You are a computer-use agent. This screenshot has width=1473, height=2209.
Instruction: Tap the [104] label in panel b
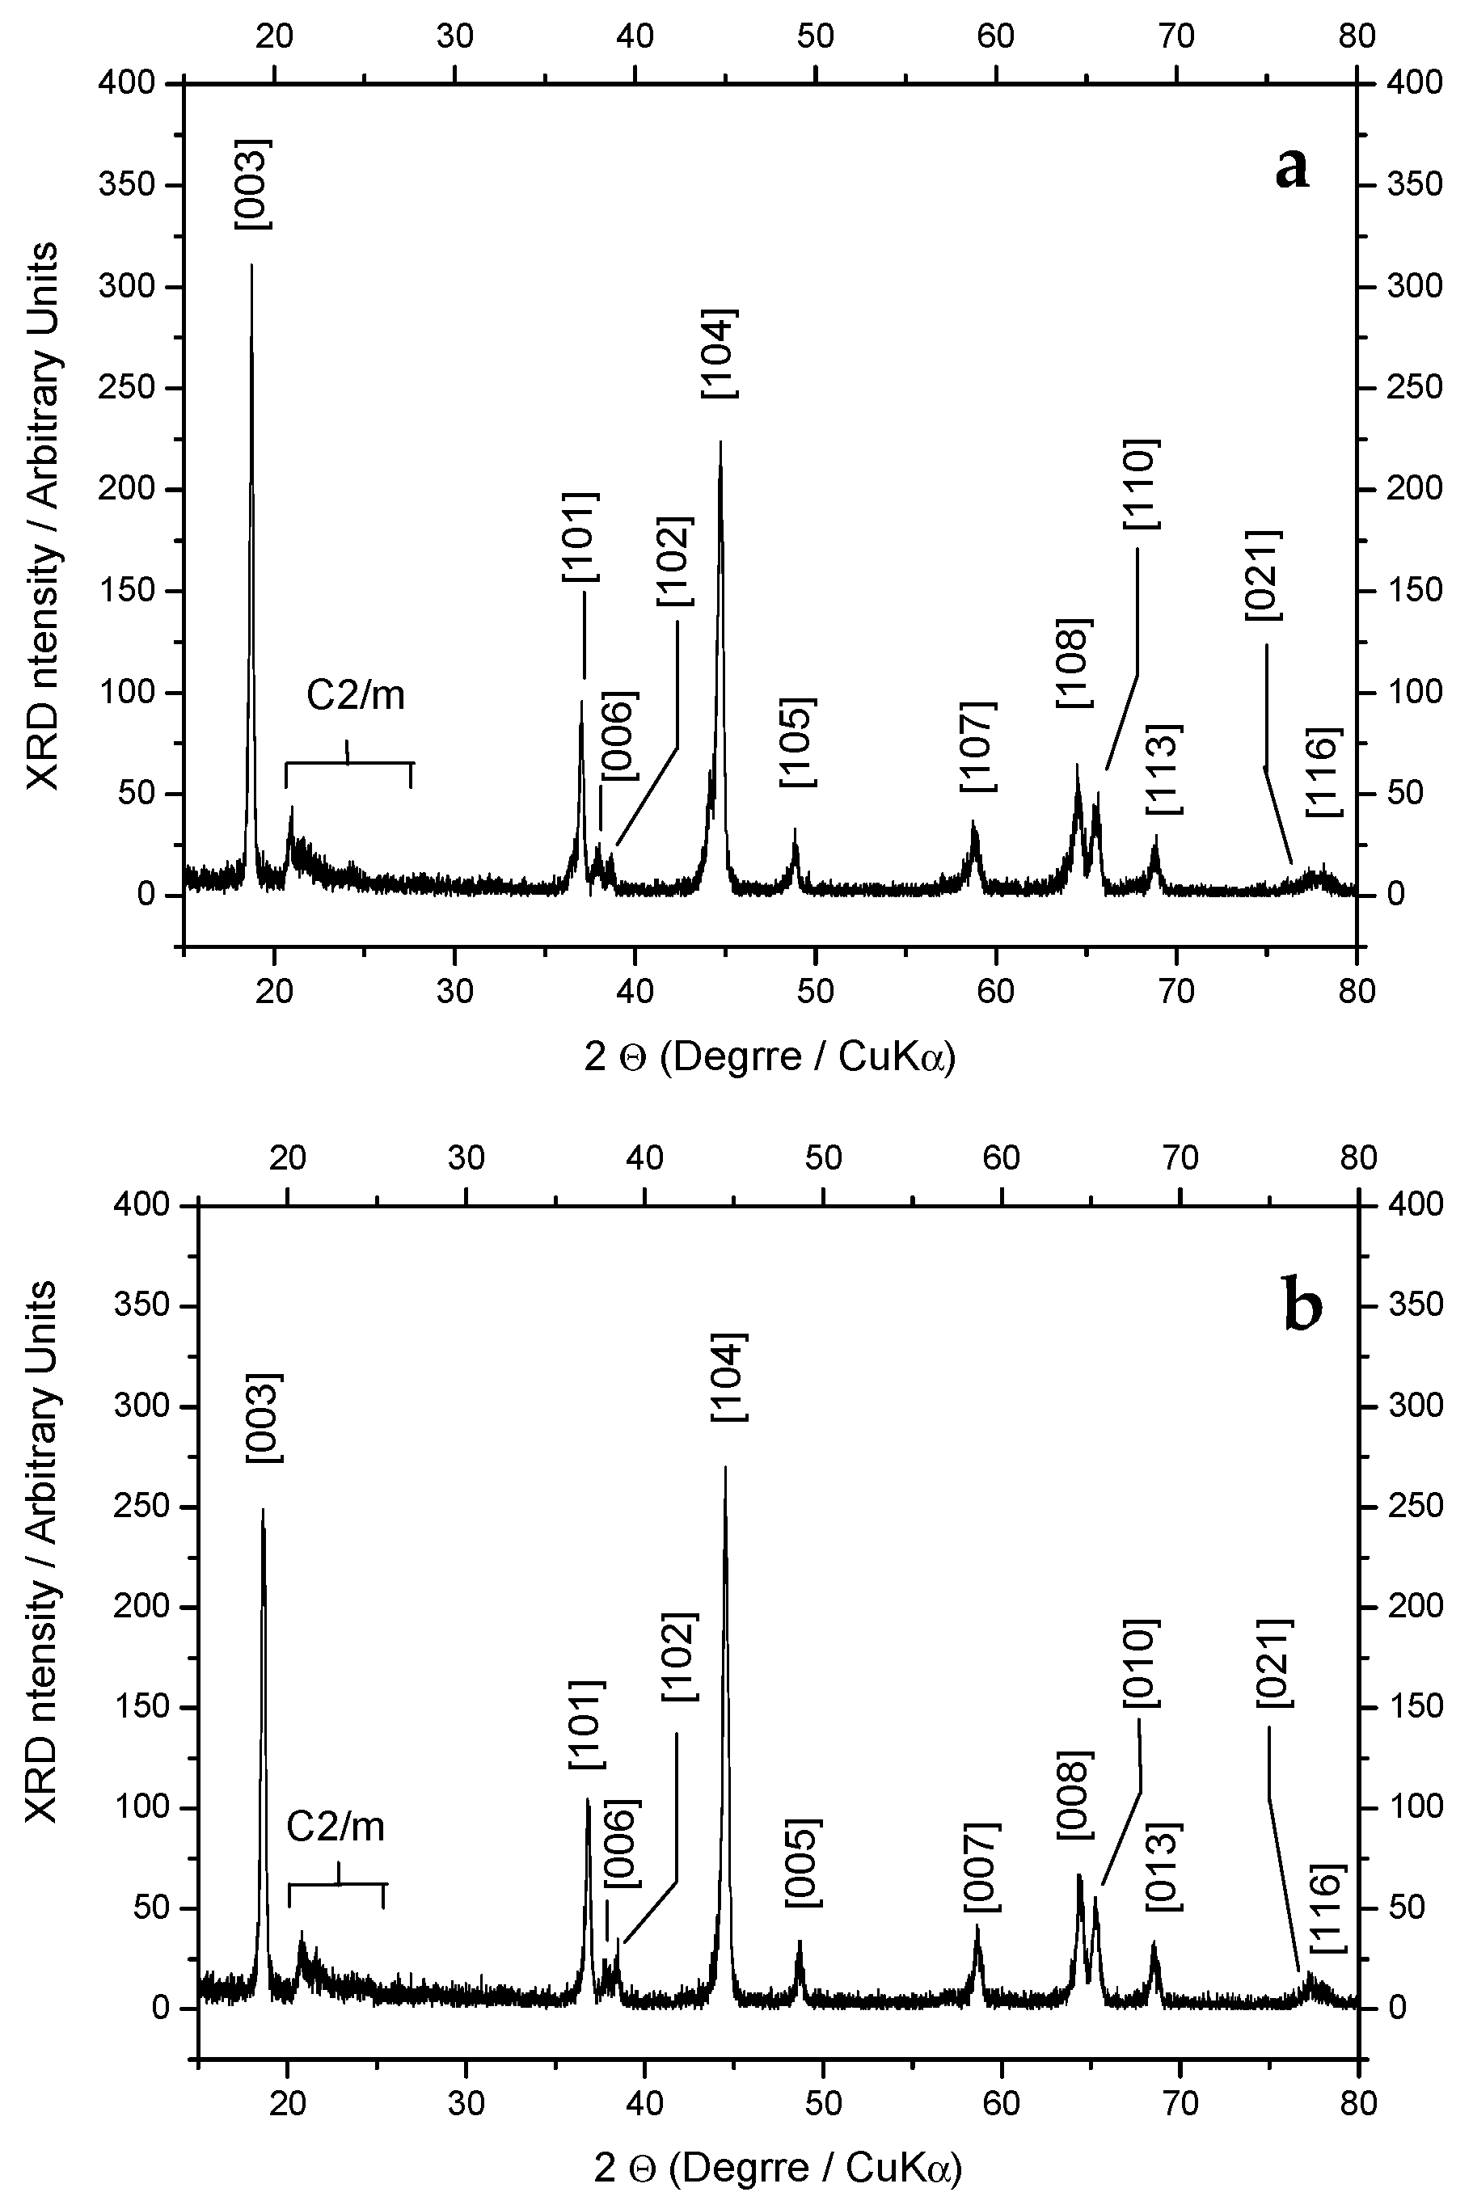[729, 1376]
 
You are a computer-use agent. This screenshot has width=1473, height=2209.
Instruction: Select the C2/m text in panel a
[356, 696]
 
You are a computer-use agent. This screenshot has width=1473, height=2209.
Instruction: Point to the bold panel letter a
[1292, 169]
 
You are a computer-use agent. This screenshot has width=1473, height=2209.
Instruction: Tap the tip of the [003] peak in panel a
[251, 266]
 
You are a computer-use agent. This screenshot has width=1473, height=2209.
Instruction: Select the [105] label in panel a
[798, 743]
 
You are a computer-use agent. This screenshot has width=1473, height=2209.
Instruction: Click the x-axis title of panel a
[770, 1057]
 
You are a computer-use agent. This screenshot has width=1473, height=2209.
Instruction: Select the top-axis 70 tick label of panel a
[1175, 36]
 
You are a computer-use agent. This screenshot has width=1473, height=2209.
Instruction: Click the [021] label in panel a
[1264, 575]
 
